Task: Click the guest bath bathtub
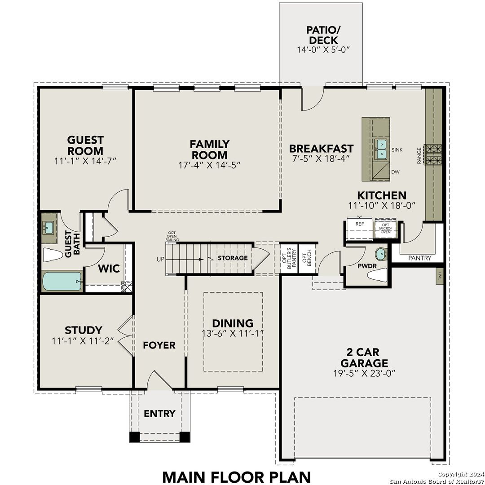pyautogui.click(x=62, y=282)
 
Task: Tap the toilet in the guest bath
pyautogui.click(x=53, y=256)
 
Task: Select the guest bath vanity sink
pyautogui.click(x=49, y=228)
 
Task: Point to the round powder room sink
pyautogui.click(x=381, y=254)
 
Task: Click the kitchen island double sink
pyautogui.click(x=381, y=149)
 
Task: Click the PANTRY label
pyautogui.click(x=419, y=258)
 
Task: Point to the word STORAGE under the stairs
pyautogui.click(x=233, y=258)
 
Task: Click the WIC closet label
pyautogui.click(x=109, y=269)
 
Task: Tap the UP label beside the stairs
pyautogui.click(x=161, y=259)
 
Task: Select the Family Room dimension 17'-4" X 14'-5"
pyautogui.click(x=209, y=165)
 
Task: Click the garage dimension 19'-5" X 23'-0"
pyautogui.click(x=364, y=373)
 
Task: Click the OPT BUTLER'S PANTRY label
pyautogui.click(x=290, y=258)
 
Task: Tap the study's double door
pyautogui.click(x=127, y=336)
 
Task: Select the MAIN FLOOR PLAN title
pyautogui.click(x=236, y=476)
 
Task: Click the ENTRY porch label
pyautogui.click(x=159, y=414)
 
